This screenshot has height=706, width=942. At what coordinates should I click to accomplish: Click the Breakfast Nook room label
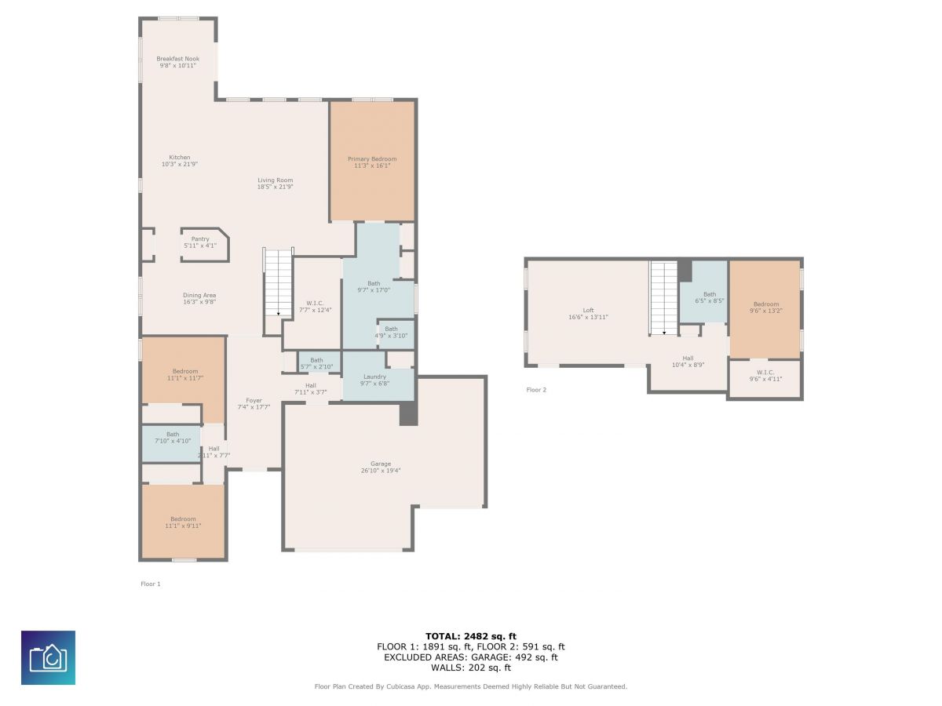pyautogui.click(x=177, y=59)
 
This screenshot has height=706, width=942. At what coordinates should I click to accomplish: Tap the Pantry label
pyautogui.click(x=200, y=238)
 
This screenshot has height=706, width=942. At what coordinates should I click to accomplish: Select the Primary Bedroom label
pyautogui.click(x=371, y=158)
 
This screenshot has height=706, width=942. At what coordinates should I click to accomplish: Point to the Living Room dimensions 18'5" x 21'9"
pyautogui.click(x=275, y=187)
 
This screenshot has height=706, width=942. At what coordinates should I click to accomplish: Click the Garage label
pyautogui.click(x=380, y=464)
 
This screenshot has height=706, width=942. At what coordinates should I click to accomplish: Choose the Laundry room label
pyautogui.click(x=374, y=377)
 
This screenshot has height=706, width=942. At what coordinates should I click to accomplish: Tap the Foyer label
pyautogui.click(x=254, y=400)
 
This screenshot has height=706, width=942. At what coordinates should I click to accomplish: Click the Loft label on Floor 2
pyautogui.click(x=588, y=311)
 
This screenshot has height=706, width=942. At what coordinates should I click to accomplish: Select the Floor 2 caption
pyautogui.click(x=536, y=390)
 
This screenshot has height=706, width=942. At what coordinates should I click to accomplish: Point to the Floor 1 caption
pyautogui.click(x=150, y=584)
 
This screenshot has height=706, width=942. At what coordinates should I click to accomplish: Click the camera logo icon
pyautogui.click(x=48, y=657)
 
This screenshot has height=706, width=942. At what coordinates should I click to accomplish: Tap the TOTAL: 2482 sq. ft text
pyautogui.click(x=470, y=636)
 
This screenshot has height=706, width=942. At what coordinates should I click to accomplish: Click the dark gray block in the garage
pyautogui.click(x=408, y=413)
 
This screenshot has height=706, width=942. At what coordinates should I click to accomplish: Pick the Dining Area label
pyautogui.click(x=199, y=296)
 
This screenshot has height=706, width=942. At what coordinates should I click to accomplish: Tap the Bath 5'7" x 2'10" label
pyautogui.click(x=316, y=363)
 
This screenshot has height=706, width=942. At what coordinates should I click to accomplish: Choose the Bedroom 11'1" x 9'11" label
pyautogui.click(x=183, y=522)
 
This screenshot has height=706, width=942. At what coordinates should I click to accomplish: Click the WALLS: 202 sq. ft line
pyautogui.click(x=471, y=668)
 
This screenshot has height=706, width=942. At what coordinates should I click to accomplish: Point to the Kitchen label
pyautogui.click(x=180, y=158)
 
